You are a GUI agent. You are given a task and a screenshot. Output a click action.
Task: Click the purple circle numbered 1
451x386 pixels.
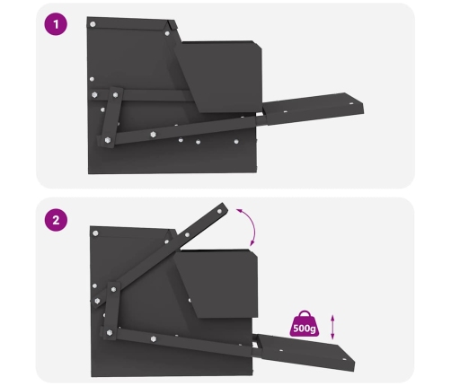(x=56, y=24)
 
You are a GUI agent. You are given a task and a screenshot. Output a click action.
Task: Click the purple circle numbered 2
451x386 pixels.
(x=56, y=220)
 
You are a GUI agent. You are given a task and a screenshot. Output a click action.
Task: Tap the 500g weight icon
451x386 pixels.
(x=305, y=323)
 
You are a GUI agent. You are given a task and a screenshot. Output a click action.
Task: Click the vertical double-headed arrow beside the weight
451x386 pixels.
(x=332, y=327)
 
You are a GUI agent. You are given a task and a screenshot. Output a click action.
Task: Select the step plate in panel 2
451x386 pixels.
(x=305, y=352)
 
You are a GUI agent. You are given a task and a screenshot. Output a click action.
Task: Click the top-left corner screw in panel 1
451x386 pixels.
(x=93, y=24)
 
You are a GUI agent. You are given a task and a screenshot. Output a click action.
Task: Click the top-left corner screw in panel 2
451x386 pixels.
(x=95, y=233)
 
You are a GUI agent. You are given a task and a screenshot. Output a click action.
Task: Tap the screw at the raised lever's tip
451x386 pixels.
(x=220, y=211)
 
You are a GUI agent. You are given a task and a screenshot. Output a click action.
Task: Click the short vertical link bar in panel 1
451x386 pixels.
(x=111, y=118)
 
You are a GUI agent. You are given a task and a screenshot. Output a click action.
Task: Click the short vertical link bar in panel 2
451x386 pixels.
(x=111, y=311)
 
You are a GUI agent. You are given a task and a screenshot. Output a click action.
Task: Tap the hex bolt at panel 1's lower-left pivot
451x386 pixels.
(x=108, y=140)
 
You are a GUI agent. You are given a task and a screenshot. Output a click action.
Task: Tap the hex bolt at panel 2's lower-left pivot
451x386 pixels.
(x=110, y=332)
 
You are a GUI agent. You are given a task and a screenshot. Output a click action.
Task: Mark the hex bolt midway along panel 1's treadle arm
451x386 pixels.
(x=154, y=135)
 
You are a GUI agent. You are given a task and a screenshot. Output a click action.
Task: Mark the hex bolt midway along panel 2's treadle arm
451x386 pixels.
(x=154, y=338)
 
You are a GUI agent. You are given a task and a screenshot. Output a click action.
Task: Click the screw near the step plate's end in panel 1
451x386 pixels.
(x=351, y=103)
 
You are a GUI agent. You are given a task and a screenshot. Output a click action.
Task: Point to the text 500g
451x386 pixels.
(x=305, y=329)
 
